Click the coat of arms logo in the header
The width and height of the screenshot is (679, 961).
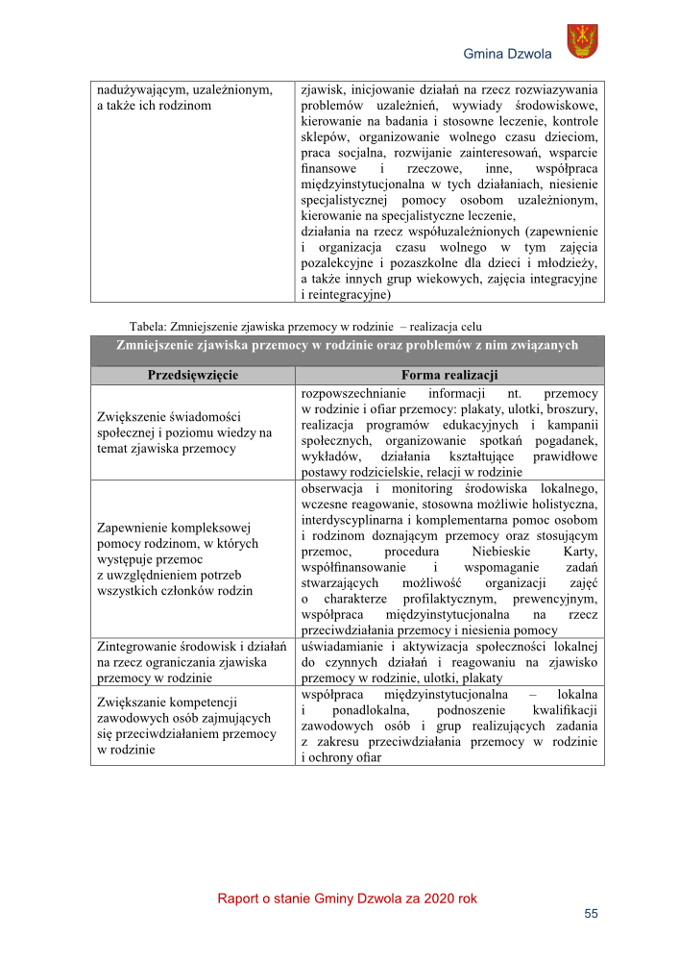(582, 41)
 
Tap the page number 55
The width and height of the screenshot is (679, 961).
(591, 913)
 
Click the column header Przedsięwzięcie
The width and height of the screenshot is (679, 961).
(192, 375)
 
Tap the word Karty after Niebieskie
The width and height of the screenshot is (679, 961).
(579, 553)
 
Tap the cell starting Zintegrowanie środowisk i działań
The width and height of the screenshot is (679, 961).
(192, 659)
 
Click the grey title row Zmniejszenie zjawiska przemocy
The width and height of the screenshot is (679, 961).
(347, 345)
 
